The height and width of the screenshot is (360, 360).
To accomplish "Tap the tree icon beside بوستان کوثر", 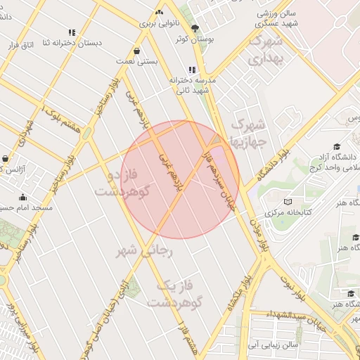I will click(194, 29).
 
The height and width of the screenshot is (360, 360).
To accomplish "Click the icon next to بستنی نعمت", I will click(136, 50).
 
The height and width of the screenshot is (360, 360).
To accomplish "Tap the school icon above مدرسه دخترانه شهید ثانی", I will click(191, 70).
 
